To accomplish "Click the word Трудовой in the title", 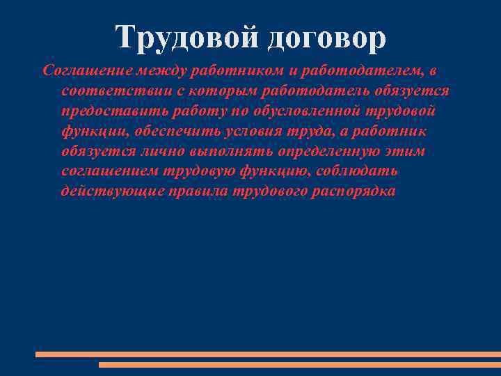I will (x=182, y=38).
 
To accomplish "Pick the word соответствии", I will (x=108, y=91).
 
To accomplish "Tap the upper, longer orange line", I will (x=268, y=354).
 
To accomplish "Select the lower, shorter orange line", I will (x=299, y=364).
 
